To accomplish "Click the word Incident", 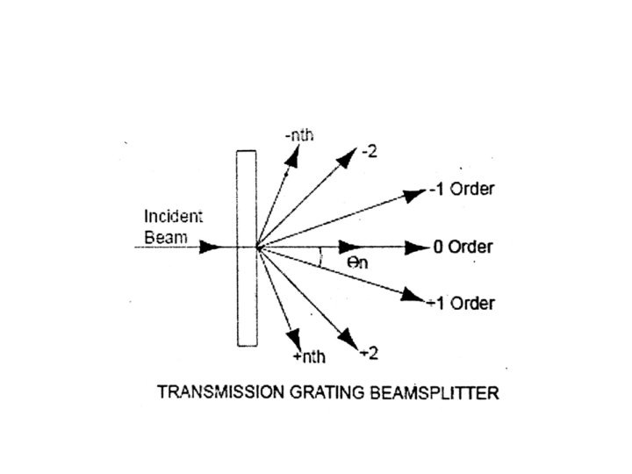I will pos(172,216).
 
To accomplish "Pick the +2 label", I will pos(370,354).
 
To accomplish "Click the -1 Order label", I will pos(462,190).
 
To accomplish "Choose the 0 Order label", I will pos(463,247).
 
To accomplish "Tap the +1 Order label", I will pos(462,304).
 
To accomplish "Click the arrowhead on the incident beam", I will pos(210,247).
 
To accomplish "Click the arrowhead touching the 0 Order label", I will pos(417,247).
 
